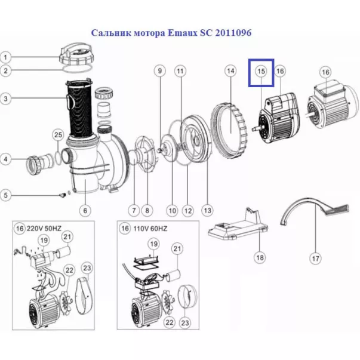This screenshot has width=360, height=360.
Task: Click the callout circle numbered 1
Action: [6, 57]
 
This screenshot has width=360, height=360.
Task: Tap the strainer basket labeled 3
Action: [79, 107]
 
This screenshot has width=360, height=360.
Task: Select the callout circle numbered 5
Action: [6, 195]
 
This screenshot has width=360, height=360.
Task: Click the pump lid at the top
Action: [76, 54]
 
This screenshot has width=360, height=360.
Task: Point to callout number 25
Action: [58, 135]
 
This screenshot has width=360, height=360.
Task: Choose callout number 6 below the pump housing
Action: [85, 210]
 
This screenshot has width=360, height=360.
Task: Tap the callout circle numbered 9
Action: [160, 71]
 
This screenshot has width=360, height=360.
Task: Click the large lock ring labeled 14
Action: [229, 131]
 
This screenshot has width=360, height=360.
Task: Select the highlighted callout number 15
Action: [261, 72]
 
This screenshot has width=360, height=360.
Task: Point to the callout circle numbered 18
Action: [260, 257]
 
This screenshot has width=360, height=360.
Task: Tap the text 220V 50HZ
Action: [44, 229]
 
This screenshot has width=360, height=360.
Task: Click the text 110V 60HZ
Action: [150, 229]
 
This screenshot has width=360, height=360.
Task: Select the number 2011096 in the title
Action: [233, 33]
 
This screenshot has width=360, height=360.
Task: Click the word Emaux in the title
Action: [183, 33]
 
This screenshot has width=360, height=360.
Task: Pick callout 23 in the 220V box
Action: [87, 268]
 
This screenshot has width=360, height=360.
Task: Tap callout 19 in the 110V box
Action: [153, 244]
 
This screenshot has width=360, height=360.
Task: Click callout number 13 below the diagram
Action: [207, 210]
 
